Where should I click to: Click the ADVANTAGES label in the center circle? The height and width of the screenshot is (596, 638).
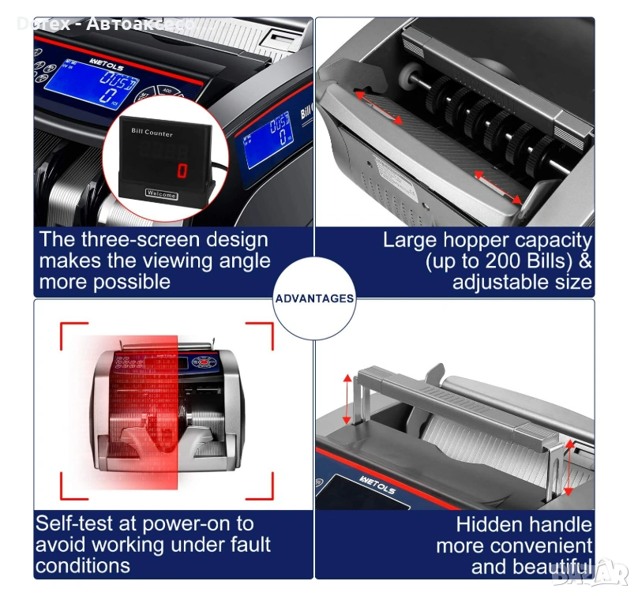click(315, 298)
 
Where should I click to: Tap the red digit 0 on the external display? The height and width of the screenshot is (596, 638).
click(182, 170)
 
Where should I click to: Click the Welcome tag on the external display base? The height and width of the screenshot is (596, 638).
click(162, 193)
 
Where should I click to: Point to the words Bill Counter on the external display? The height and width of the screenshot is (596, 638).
click(152, 133)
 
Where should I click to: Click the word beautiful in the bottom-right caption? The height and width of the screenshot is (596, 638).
click(547, 566)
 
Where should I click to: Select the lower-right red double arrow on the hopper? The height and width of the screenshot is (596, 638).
click(499, 188)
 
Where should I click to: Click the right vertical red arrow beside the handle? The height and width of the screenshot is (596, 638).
click(569, 468)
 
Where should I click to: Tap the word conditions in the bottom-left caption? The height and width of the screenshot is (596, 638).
click(83, 565)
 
